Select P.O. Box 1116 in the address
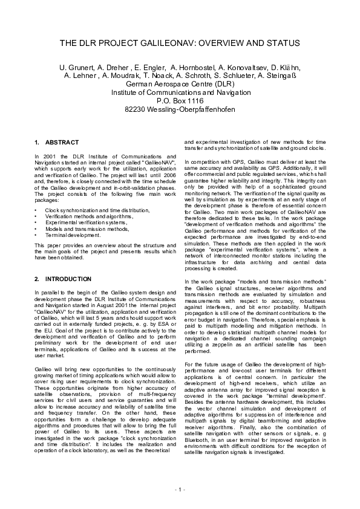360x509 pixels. pos(180,101)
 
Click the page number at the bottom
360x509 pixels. pos(180,488)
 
